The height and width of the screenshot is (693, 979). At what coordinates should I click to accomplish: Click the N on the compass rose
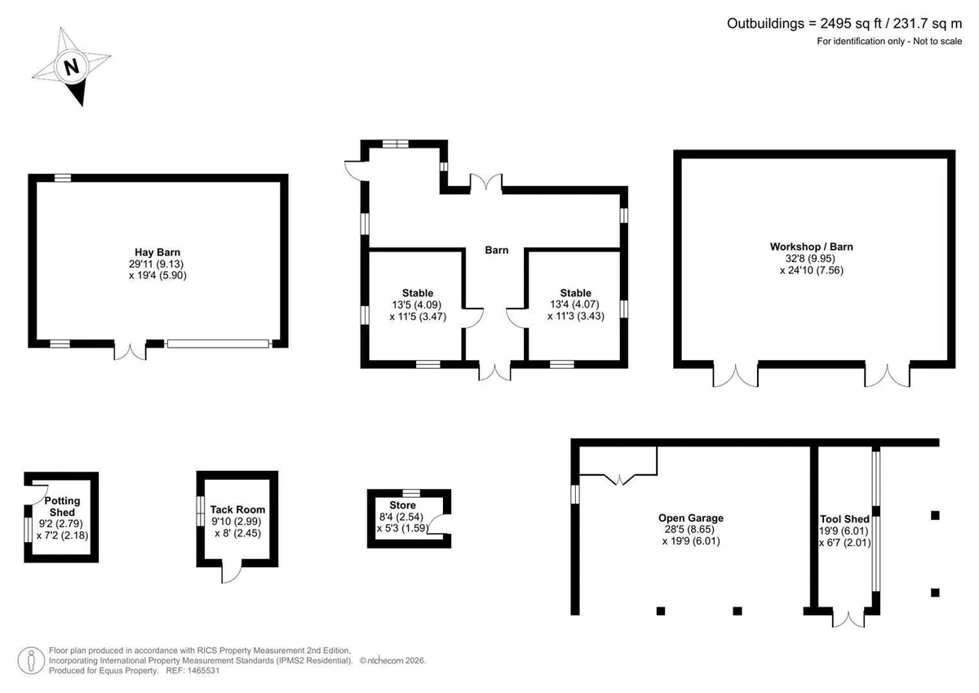[x=72, y=67]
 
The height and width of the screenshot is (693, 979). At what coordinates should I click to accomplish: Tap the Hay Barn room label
[x=157, y=252]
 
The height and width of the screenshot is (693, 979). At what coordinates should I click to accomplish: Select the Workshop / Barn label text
[x=811, y=247]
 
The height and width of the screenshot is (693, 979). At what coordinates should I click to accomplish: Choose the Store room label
[x=402, y=505]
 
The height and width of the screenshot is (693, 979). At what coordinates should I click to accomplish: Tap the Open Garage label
[x=691, y=518]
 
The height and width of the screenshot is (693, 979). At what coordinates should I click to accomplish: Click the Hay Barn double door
[x=130, y=351]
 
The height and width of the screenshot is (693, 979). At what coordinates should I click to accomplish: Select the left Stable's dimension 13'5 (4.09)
[x=417, y=304]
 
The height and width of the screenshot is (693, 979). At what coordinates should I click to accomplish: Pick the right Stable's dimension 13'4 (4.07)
[x=574, y=304]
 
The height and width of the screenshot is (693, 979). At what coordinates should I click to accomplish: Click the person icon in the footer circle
[x=31, y=660]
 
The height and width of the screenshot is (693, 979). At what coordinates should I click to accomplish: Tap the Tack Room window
[x=200, y=511]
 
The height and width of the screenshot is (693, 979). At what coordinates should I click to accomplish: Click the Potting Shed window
[x=28, y=530]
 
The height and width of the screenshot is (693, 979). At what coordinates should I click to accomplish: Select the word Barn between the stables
[x=497, y=250]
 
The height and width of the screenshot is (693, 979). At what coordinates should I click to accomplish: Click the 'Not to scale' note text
[x=937, y=41]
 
